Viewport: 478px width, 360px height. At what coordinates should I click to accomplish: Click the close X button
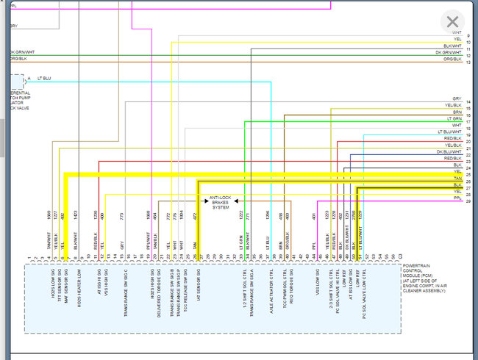pos(452,22)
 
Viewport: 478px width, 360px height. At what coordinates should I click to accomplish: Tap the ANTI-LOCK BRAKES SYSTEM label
pos(221,203)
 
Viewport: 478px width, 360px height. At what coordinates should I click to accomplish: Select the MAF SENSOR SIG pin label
pos(65,284)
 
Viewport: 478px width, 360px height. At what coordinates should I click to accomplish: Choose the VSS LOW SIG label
pos(316,282)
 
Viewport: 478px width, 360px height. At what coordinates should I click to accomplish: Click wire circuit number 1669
pos(49,215)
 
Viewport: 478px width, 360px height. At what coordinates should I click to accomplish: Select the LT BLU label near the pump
pos(43,79)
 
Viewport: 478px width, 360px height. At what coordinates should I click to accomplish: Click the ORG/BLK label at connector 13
pos(452,62)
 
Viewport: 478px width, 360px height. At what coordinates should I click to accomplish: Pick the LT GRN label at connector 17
pos(453,118)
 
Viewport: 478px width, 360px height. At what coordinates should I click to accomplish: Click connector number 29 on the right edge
pos(468,200)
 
